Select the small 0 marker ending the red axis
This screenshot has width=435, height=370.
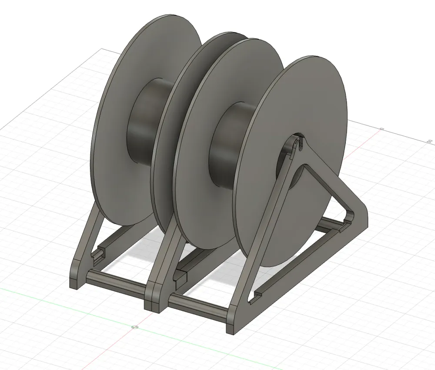[x=381, y=129]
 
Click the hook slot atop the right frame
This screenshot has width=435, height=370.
[x=298, y=142]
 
